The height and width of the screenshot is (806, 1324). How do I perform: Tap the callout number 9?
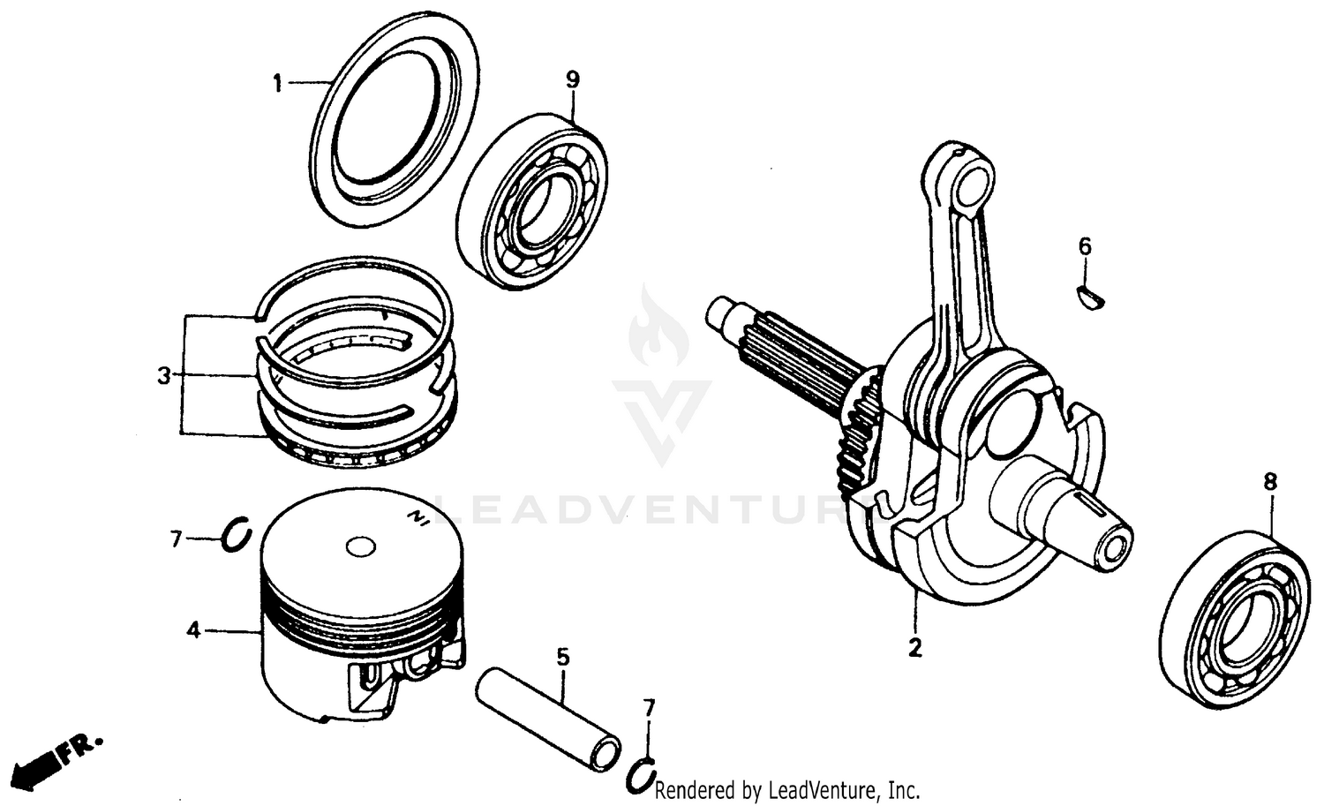tap(573, 79)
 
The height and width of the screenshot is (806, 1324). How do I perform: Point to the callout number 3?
tap(163, 375)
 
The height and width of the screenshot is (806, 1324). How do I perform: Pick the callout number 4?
tap(193, 630)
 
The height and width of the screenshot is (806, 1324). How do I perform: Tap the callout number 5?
tap(563, 657)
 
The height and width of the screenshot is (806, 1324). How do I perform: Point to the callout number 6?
tap(1085, 246)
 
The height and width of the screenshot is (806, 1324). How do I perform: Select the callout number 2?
tap(915, 647)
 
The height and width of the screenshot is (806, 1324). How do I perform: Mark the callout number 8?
tap(1269, 482)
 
